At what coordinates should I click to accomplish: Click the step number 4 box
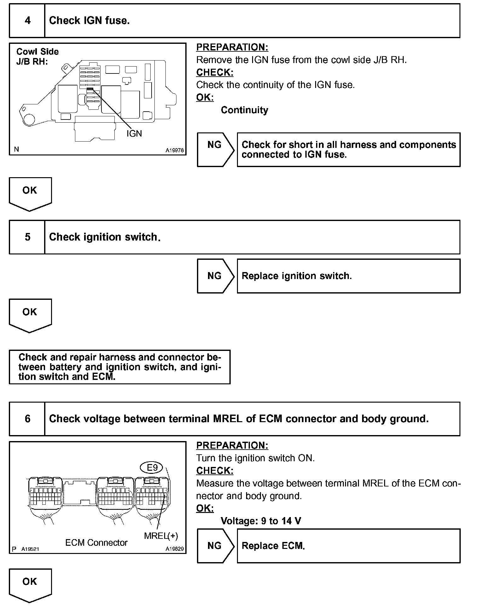pos(27,21)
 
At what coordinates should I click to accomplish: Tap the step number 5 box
pos(27,237)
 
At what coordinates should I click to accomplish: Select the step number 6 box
pos(27,419)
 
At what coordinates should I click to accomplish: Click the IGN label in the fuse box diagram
pos(134,134)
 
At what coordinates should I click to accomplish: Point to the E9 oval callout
pos(152,468)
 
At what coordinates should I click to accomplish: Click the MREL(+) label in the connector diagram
pos(161,536)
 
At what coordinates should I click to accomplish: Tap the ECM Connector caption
pos(96,543)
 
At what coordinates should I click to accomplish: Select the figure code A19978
pos(175,151)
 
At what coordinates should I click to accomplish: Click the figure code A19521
pos(30,549)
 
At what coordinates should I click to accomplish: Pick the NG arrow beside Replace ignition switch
pos(216,276)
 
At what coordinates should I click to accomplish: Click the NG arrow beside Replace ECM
pos(216,546)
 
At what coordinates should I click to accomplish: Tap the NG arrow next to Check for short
pos(216,150)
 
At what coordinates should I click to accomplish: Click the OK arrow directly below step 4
pos(30,194)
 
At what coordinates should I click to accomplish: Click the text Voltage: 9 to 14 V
pos(261,521)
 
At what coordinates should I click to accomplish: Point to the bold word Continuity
pos(245,110)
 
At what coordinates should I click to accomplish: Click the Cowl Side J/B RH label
pos(38,56)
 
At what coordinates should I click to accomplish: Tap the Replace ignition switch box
pos(349,276)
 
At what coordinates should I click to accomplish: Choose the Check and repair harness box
pos(120,367)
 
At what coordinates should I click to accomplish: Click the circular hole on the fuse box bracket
pos(29,119)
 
